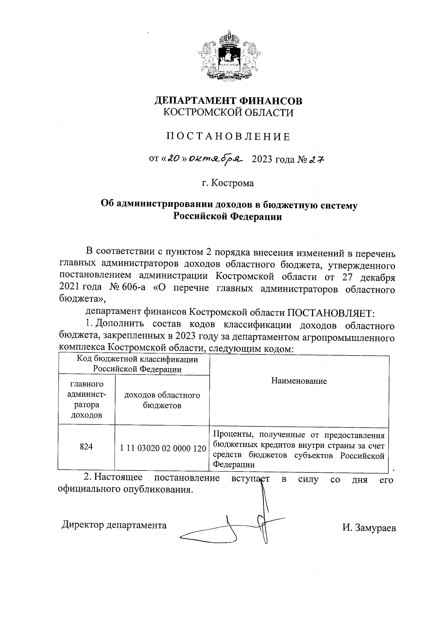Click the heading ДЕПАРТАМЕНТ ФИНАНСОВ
point(228,100)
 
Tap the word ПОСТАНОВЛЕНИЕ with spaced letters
point(228,137)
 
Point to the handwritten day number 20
point(173,159)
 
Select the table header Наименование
point(299,381)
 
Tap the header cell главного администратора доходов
point(86,400)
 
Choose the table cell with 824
point(86,447)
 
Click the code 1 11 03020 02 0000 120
point(162,448)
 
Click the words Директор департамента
point(114,525)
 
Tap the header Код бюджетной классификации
point(137,360)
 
